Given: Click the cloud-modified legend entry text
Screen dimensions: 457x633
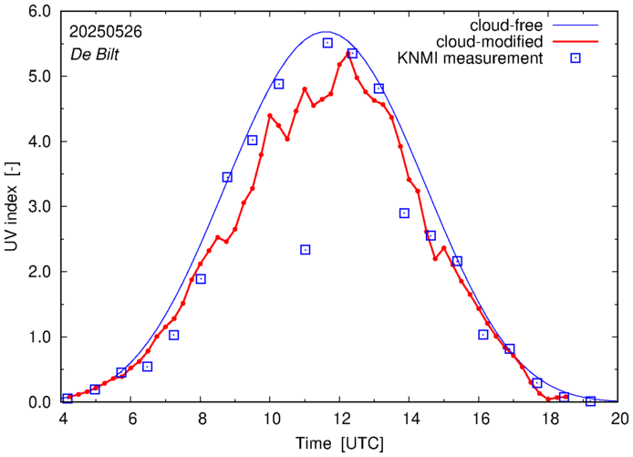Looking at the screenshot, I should point(491,42).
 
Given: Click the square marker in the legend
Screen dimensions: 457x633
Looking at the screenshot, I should point(575,59).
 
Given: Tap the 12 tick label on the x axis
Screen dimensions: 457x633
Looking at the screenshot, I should point(341,419).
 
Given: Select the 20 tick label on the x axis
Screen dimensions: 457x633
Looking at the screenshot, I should point(619,419).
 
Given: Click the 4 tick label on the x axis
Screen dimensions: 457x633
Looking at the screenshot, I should point(63,419).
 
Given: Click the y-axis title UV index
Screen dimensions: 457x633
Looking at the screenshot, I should point(12,207).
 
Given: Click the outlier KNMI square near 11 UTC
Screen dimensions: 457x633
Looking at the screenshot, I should point(306,250).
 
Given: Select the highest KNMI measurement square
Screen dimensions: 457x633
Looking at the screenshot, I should point(327,43).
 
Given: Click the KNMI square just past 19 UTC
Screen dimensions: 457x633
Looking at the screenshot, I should point(590,401).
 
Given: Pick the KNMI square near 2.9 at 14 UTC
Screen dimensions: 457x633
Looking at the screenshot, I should point(404,213).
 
